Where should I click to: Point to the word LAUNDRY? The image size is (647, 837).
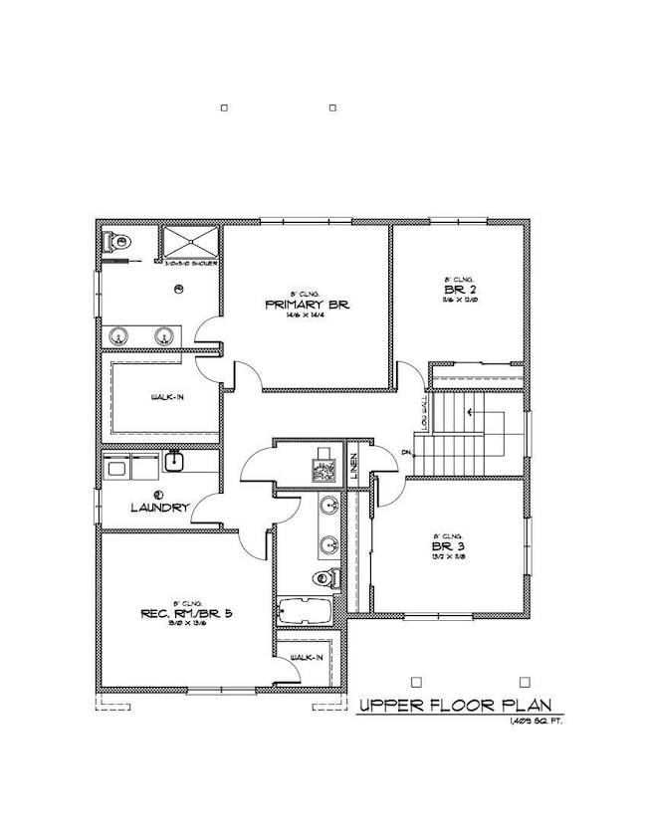[x=159, y=507]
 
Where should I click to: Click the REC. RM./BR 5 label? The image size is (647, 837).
[x=173, y=614]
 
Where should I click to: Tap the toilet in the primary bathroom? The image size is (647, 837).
[x=118, y=240]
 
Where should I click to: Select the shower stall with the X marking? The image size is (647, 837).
[x=189, y=242]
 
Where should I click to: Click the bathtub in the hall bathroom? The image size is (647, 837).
[x=307, y=610]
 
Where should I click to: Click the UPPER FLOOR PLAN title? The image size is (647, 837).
[x=453, y=706]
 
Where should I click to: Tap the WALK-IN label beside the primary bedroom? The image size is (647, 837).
[x=165, y=397]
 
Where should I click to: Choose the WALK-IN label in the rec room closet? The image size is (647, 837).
[x=304, y=659]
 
